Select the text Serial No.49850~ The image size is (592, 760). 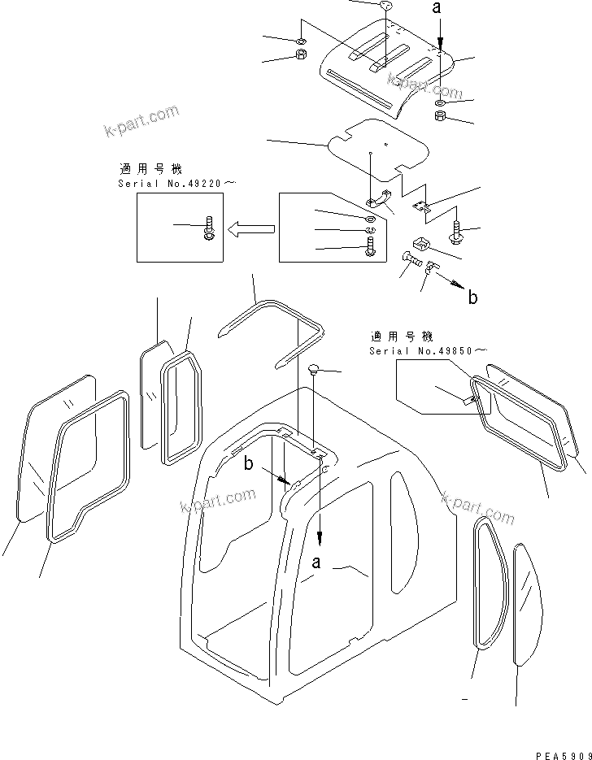click(428, 350)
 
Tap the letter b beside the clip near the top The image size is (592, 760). click(472, 297)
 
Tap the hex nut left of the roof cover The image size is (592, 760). click(298, 57)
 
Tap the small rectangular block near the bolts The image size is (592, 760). click(421, 244)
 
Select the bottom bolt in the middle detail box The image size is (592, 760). click(372, 245)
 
